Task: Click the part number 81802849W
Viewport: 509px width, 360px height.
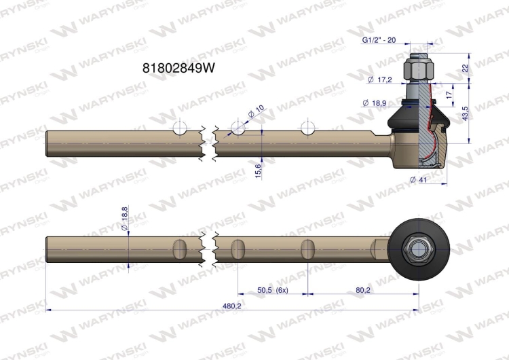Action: (x=178, y=68)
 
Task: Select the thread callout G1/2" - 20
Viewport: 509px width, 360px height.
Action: (x=379, y=40)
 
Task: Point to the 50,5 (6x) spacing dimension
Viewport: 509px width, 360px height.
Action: (x=273, y=290)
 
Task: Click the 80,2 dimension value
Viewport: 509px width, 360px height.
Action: (x=363, y=290)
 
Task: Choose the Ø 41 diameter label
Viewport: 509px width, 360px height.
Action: (x=419, y=179)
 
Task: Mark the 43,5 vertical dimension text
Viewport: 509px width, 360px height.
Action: (x=465, y=113)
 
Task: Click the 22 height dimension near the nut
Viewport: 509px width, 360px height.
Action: (x=465, y=68)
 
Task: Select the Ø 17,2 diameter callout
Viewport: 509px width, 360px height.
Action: (x=380, y=79)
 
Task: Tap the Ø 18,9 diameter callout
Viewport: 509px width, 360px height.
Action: (x=374, y=103)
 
